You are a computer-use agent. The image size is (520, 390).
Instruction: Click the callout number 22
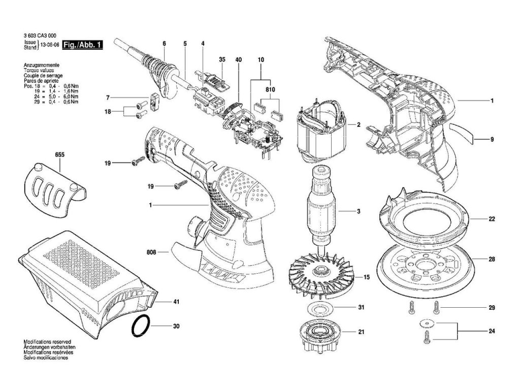[x=492, y=219]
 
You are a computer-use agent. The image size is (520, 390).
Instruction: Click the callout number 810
[x=270, y=89]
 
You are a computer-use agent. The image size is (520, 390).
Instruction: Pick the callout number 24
[x=492, y=332]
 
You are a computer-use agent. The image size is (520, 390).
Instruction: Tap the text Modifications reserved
[x=47, y=342]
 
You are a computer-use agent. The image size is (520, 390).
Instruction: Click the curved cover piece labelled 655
[x=54, y=184]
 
